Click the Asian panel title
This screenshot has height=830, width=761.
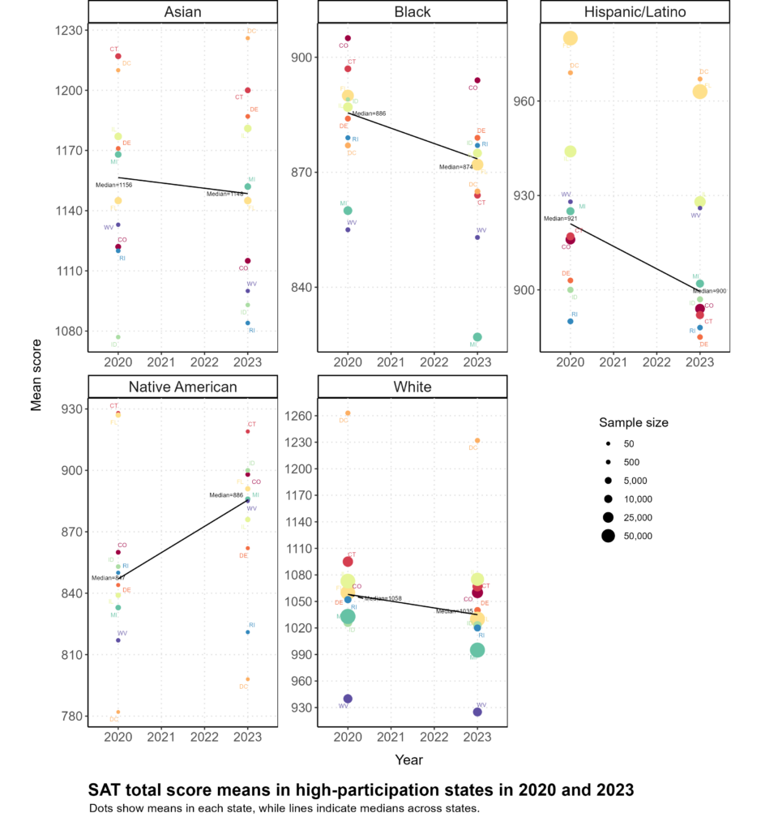(182, 12)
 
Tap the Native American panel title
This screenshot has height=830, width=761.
(182, 387)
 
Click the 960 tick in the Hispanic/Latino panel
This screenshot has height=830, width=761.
(530, 101)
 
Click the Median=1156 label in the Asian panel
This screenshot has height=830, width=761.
(113, 185)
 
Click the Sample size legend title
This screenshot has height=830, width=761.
(633, 422)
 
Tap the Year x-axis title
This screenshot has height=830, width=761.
(408, 759)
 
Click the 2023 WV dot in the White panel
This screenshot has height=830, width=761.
(477, 712)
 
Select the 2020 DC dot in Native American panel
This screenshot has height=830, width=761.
(118, 712)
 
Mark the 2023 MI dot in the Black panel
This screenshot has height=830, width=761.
(477, 337)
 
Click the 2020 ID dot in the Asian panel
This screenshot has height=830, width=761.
(118, 337)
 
